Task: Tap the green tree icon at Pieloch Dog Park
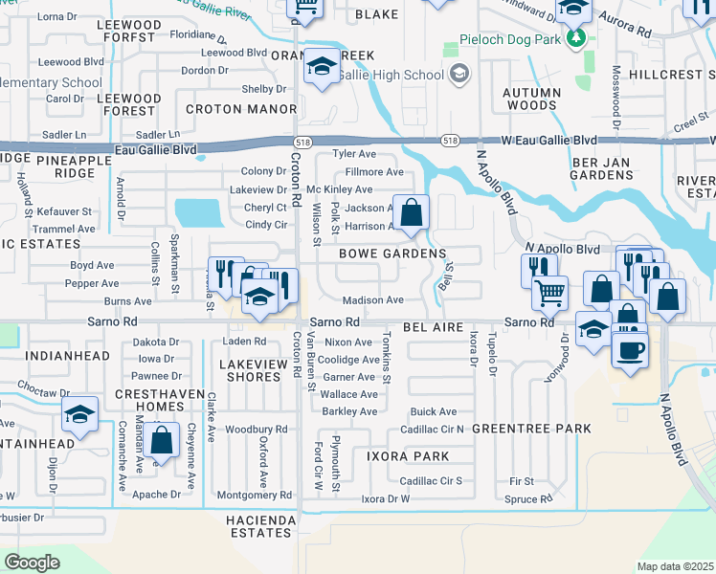pyautogui.click(x=575, y=38)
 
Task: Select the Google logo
pyautogui.click(x=32, y=563)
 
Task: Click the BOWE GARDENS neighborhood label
pyautogui.click(x=392, y=254)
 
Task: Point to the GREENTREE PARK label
pyautogui.click(x=531, y=429)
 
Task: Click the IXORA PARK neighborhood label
pyautogui.click(x=408, y=456)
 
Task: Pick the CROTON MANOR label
pyautogui.click(x=227, y=109)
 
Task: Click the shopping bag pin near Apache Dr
pyautogui.click(x=162, y=441)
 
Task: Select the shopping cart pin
pyautogui.click(x=549, y=293)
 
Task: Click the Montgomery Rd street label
pyautogui.click(x=254, y=495)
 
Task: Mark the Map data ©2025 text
pyautogui.click(x=675, y=566)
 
